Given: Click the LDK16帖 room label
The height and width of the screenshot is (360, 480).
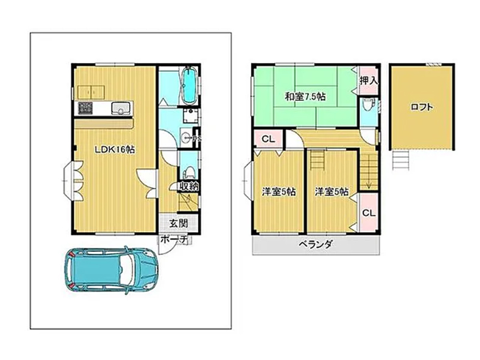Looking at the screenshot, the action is click(x=115, y=149).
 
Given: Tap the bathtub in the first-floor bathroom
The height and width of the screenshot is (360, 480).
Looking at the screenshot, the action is click(x=189, y=86).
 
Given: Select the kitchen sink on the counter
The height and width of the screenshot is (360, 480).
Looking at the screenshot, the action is click(x=121, y=107).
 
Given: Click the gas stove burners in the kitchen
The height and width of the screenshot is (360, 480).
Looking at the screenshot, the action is click(x=85, y=109).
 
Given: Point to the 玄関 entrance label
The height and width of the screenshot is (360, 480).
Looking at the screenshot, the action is click(x=178, y=223).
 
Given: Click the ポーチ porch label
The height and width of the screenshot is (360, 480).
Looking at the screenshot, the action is click(x=173, y=239).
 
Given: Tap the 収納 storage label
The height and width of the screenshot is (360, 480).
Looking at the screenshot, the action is click(x=189, y=186).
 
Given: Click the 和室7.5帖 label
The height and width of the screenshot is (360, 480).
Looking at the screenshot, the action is click(x=305, y=97).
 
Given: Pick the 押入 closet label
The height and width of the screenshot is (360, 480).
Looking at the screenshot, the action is click(x=368, y=81).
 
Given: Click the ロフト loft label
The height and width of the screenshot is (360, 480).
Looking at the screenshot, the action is click(x=422, y=107).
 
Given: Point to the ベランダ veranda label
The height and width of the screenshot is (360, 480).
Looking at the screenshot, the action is click(x=316, y=245).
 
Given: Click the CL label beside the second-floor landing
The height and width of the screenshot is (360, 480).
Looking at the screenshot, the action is click(x=268, y=139).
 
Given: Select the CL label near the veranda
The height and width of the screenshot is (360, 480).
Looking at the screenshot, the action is click(x=368, y=213).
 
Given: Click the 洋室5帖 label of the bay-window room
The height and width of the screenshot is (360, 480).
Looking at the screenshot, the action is click(x=278, y=192).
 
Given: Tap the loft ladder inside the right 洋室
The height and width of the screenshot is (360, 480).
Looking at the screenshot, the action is click(x=317, y=159).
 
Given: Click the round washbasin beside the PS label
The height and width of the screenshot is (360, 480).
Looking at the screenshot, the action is click(x=185, y=138).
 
